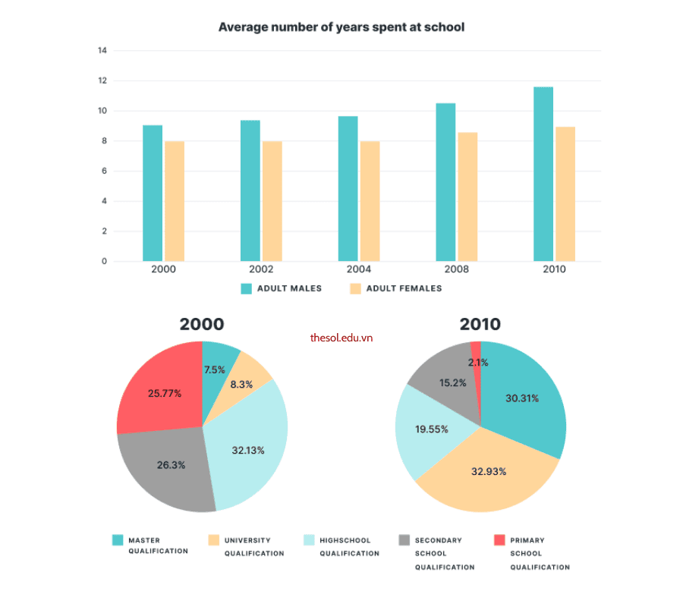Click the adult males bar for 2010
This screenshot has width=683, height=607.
[543, 175]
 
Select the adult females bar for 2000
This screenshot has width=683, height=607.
[175, 201]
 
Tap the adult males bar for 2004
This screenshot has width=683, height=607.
[348, 189]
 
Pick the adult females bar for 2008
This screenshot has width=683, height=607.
[467, 197]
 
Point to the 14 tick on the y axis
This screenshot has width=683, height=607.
[102, 51]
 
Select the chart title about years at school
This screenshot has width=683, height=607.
[341, 27]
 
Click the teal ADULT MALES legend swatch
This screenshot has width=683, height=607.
[246, 288]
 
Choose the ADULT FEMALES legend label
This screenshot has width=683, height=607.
[404, 288]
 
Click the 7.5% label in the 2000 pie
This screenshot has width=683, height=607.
[215, 370]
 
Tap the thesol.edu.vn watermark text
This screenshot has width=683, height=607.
[341, 338]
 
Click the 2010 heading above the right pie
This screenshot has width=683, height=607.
[480, 324]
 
